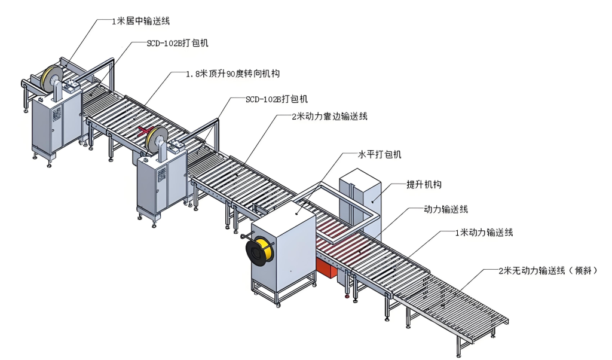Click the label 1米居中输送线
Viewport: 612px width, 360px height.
click(140, 21)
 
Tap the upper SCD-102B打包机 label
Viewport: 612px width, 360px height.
click(177, 43)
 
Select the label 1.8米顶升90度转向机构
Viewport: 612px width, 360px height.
click(232, 74)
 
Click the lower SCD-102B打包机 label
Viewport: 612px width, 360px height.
click(276, 99)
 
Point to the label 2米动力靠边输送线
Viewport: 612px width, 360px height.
click(329, 117)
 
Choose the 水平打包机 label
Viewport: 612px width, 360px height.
click(380, 154)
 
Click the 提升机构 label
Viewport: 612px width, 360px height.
click(424, 184)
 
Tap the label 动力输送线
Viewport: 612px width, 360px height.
click(446, 209)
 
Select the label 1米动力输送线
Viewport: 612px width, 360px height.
click(484, 232)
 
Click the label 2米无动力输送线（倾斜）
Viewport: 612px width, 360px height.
click(548, 270)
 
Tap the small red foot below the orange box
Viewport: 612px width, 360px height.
click(347, 297)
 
